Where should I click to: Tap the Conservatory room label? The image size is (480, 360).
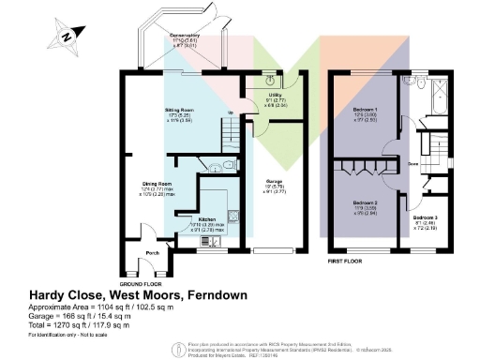[x=166, y=39]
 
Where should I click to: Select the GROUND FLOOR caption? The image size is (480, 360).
[x=142, y=282]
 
